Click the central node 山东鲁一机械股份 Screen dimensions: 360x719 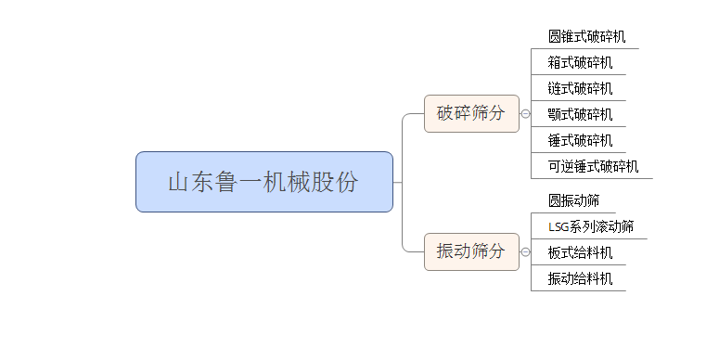(263, 182)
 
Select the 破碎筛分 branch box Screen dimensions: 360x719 (471, 113)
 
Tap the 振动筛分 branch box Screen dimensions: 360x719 (471, 251)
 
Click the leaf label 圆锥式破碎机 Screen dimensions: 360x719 (586, 37)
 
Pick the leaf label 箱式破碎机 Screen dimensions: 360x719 (580, 63)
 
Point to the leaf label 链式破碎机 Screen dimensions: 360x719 (580, 89)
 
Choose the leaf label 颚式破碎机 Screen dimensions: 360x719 (580, 115)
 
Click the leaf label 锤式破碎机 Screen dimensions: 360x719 (580, 141)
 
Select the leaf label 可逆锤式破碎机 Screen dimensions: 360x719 (593, 167)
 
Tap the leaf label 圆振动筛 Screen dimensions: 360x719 (573, 200)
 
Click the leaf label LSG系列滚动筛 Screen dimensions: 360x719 (591, 226)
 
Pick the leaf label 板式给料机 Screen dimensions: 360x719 (580, 252)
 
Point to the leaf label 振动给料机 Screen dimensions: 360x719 (580, 278)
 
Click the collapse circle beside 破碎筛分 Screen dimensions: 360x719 (525, 114)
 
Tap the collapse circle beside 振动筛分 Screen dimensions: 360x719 (525, 251)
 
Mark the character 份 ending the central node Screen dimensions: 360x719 (347, 183)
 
